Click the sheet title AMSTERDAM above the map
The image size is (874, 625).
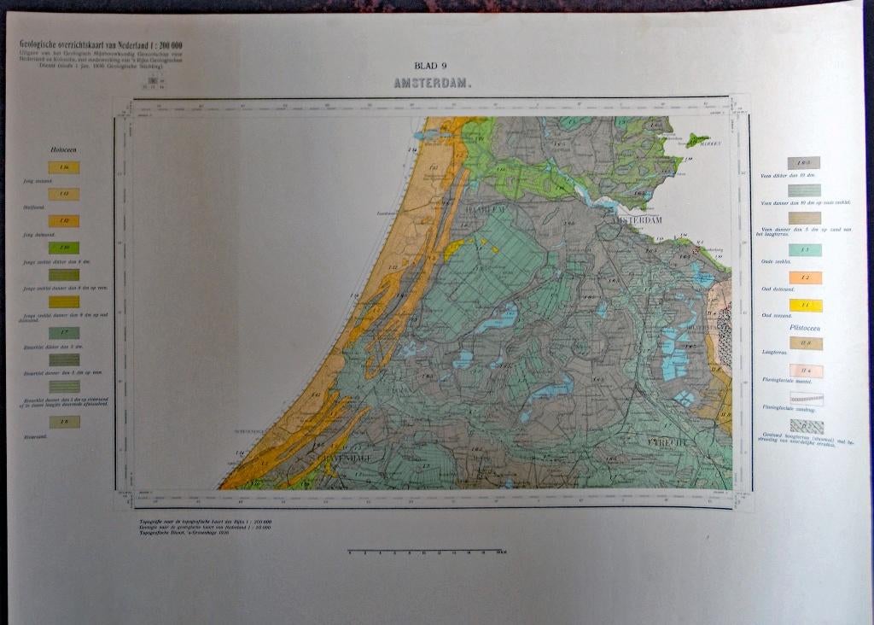[433, 85]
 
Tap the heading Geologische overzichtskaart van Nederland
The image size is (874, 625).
[101, 44]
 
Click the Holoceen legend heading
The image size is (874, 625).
[64, 150]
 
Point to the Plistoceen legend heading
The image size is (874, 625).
[805, 326]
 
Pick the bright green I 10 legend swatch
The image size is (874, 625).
[64, 248]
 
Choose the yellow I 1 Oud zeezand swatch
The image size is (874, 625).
[805, 306]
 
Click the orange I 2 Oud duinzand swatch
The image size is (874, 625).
[805, 277]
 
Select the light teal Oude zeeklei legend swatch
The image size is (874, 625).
[805, 250]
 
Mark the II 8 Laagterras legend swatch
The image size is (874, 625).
[805, 343]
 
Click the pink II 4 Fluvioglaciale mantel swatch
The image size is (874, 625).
[805, 370]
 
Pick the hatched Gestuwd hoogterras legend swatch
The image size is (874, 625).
[806, 425]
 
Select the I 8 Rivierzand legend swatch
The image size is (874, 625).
[64, 422]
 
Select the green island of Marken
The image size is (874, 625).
[697, 138]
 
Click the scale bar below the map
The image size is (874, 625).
[423, 551]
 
